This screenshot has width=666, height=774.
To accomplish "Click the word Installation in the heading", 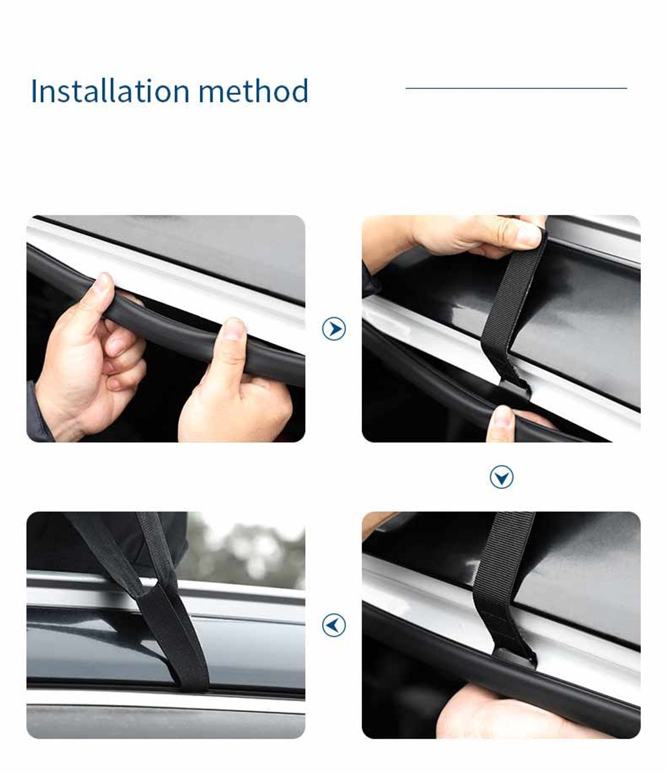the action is coord(110,90).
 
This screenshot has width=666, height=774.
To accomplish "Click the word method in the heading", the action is coord(254,90).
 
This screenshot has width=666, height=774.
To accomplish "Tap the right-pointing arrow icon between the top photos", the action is coord(334,329).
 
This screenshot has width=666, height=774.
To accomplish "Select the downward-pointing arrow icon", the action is coord(501,477).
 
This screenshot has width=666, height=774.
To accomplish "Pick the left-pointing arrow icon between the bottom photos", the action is coord(334,625).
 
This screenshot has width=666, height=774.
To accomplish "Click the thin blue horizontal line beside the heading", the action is coord(516,88).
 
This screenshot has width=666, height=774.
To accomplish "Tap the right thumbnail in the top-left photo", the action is coord(234,329).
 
